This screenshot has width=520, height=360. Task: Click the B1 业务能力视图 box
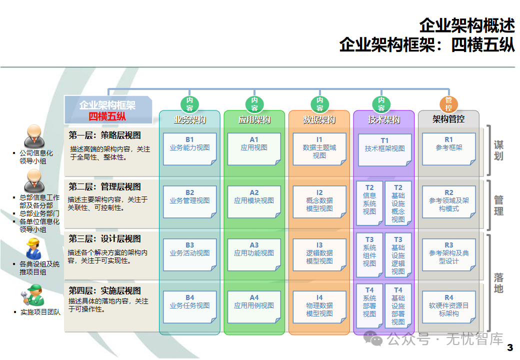[x=189, y=148]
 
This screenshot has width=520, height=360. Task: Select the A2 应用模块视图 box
[x=254, y=201]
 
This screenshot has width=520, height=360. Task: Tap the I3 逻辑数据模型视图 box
[x=319, y=253]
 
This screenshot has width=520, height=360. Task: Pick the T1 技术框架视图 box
[x=384, y=149]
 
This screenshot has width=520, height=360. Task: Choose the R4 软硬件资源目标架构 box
[x=448, y=305]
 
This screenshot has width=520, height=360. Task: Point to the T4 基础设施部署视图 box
[x=398, y=305]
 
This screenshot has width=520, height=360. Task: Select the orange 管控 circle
[x=448, y=104]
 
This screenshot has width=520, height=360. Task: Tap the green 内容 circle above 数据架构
[x=319, y=104]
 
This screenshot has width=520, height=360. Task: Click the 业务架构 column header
[x=189, y=120]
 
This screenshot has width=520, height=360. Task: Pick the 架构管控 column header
[x=448, y=119]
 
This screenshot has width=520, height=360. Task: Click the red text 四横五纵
[x=107, y=116]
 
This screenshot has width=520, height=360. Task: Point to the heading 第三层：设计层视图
[x=105, y=239]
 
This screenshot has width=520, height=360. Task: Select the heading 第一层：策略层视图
[x=105, y=135]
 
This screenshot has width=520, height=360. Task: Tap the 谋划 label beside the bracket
[x=498, y=150]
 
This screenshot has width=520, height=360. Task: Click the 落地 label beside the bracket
[x=498, y=283]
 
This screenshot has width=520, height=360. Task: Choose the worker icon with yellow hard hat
[x=33, y=248]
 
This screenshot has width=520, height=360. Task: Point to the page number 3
[x=510, y=347]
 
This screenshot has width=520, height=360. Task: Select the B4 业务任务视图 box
[x=189, y=305]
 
